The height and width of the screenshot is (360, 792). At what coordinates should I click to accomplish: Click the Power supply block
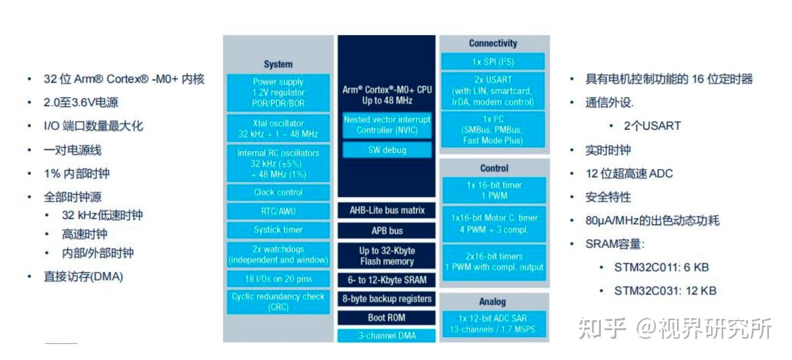click(278, 92)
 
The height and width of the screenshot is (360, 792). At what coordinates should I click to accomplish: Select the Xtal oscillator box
click(278, 129)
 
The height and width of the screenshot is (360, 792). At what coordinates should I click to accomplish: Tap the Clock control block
click(278, 192)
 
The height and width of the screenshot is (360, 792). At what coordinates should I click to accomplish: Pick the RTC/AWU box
click(278, 211)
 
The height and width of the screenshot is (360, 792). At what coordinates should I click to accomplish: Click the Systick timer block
click(278, 230)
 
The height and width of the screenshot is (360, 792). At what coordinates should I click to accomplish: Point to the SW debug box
click(387, 150)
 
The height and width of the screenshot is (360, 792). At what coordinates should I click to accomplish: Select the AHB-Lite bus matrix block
click(387, 210)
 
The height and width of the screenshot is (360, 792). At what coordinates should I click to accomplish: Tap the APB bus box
click(387, 231)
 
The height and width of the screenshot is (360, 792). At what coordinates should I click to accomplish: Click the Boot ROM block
click(386, 318)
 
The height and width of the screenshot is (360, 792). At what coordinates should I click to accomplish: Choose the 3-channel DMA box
click(387, 336)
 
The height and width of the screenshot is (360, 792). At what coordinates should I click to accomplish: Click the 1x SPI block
click(493, 62)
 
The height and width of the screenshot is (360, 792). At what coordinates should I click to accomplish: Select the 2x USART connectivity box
click(493, 90)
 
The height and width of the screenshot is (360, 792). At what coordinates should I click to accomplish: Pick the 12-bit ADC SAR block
click(493, 324)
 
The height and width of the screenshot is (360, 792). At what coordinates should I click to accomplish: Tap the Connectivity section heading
click(493, 43)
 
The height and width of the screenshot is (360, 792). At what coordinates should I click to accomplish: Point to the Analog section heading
click(492, 302)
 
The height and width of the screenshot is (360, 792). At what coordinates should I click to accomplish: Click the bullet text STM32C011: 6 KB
click(661, 267)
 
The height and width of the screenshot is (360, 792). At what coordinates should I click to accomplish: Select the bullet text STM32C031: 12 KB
click(665, 291)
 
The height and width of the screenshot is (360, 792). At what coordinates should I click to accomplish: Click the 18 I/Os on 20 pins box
click(278, 279)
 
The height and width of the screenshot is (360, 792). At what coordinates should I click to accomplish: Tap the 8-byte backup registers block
click(387, 299)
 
